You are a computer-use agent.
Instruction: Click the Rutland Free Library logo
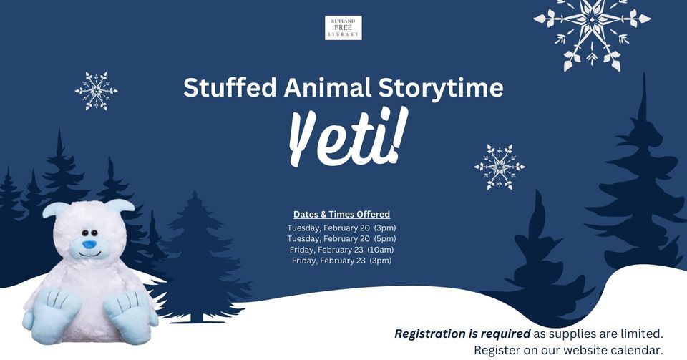(343, 28)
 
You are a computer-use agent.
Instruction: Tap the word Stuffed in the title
(230, 87)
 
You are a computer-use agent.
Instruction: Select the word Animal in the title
(327, 87)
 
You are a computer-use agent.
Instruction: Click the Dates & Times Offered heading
(342, 214)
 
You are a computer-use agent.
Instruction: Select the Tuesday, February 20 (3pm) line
(342, 228)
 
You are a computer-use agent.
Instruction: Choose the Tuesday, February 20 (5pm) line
(342, 238)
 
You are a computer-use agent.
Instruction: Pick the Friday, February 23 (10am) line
(342, 250)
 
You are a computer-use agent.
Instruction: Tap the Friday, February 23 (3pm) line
(342, 261)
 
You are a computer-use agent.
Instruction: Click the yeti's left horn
(55, 208)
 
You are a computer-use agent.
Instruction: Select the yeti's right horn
(120, 205)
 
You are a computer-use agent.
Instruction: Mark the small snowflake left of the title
(96, 91)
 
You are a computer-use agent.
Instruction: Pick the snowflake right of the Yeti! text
(500, 167)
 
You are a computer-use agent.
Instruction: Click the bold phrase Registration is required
(462, 334)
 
